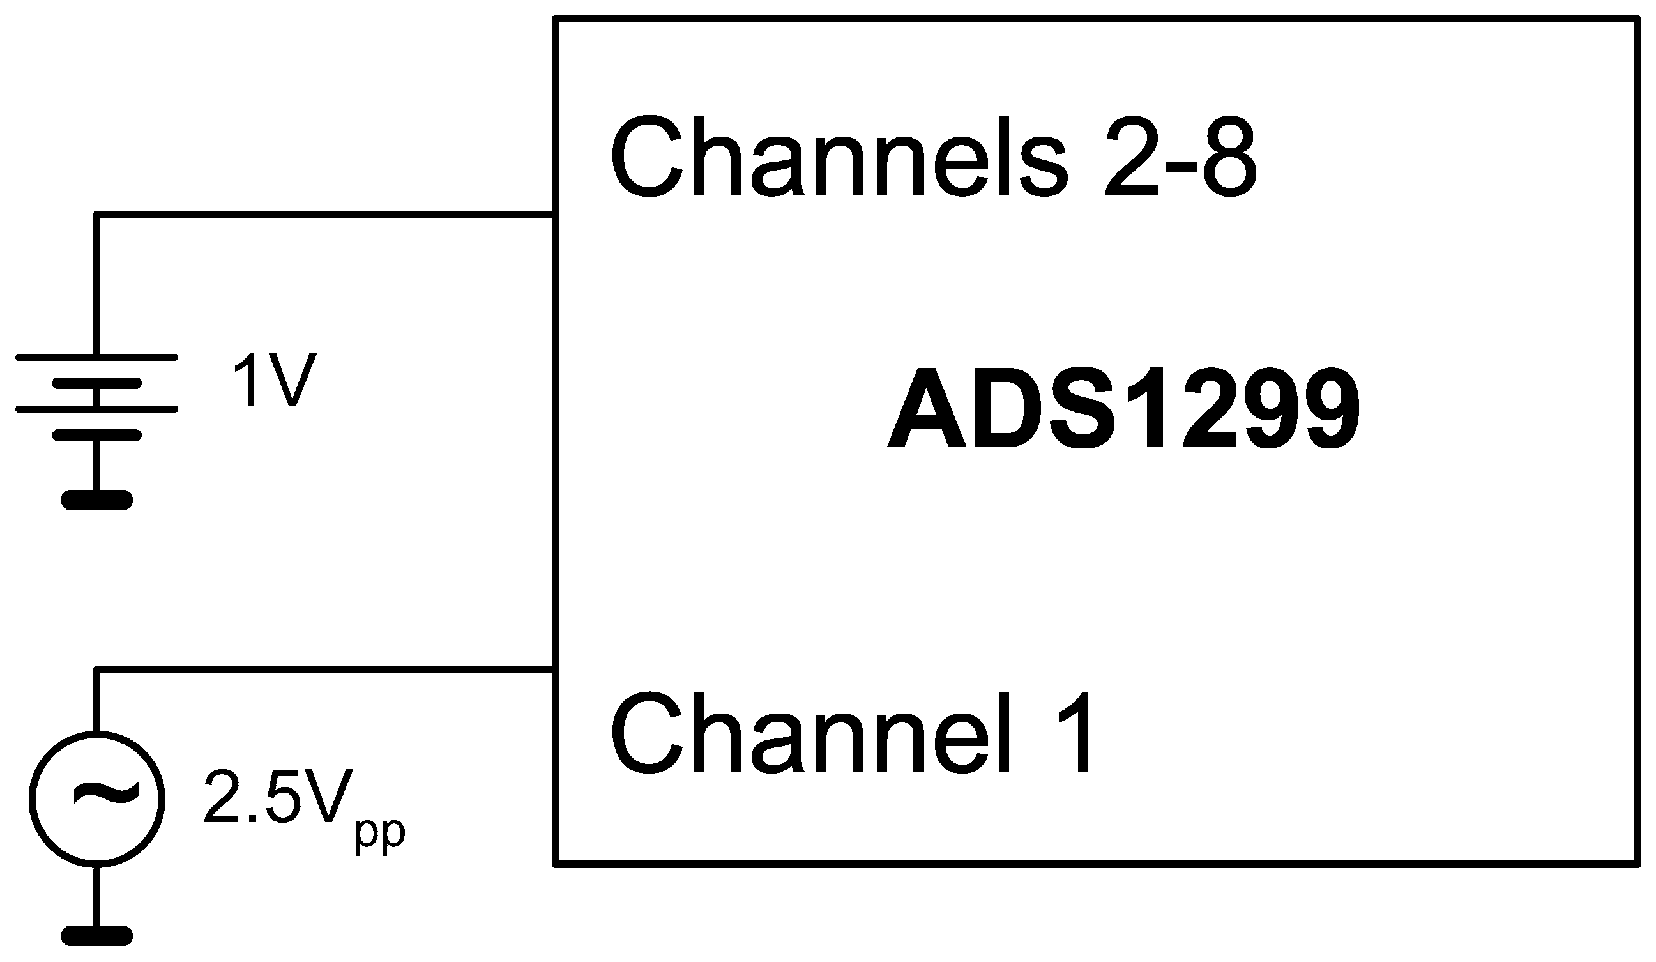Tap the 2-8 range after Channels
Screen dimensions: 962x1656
[1180, 158]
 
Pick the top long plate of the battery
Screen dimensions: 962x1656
[96, 358]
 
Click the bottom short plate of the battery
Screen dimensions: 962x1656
[96, 434]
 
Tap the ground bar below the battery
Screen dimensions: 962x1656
[96, 501]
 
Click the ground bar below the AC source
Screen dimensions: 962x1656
[96, 936]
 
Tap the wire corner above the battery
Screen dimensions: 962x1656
[96, 214]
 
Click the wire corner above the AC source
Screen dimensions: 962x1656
[96, 669]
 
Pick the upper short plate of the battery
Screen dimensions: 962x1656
[96, 383]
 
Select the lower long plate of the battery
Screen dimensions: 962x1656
[96, 409]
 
